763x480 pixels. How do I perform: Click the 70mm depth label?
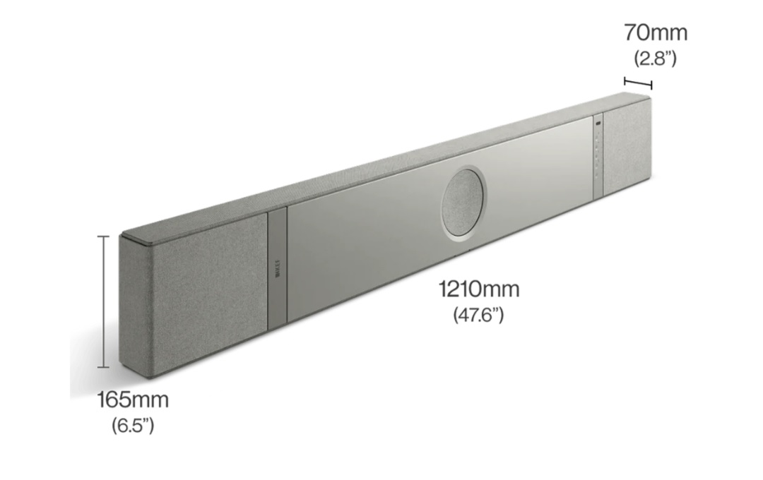pos(655,32)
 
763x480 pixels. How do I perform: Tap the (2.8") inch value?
pos(655,58)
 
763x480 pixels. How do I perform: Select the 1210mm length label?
pos(479,289)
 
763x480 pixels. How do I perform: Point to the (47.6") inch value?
pos(478,314)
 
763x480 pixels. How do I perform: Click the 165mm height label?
pos(133,400)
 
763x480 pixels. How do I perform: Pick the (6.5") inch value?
pos(132,426)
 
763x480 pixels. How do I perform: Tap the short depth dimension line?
pos(638,83)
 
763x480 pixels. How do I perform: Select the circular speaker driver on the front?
pos(463,200)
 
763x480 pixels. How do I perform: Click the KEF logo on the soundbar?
pos(278,271)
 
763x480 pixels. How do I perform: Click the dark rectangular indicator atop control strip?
pos(598,124)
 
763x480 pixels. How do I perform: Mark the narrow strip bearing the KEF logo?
pos(278,268)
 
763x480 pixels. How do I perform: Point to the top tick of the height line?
pos(105,236)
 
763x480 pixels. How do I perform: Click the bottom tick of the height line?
pos(105,367)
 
